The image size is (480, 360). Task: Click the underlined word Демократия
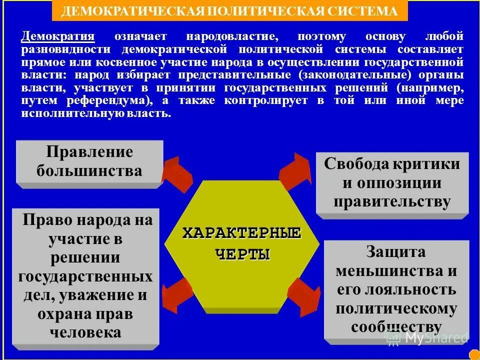(x=58, y=36)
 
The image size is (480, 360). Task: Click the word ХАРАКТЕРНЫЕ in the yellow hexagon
(x=241, y=233)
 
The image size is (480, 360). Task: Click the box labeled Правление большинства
(x=89, y=162)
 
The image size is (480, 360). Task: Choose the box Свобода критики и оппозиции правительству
(x=392, y=183)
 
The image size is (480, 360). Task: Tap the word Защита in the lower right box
(x=395, y=251)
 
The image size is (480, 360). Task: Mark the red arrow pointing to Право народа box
(x=176, y=294)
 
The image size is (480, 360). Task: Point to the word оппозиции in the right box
(x=392, y=183)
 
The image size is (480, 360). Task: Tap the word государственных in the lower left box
(x=85, y=276)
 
